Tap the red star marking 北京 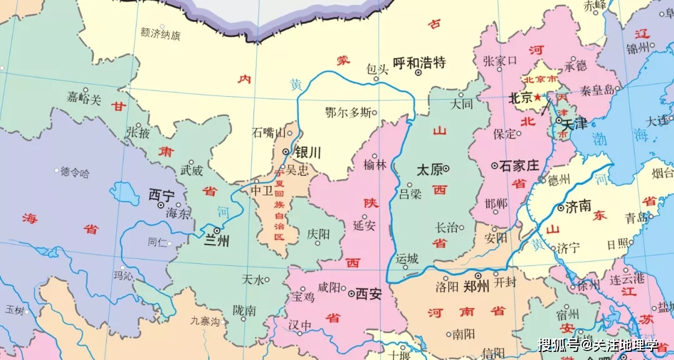(x=537, y=98)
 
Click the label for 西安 (x=368, y=294)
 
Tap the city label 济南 (x=578, y=207)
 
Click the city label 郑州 (x=477, y=286)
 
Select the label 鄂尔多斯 (x=347, y=113)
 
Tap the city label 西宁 (x=161, y=196)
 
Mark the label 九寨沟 (x=205, y=322)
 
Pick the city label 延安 (x=364, y=225)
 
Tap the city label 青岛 (x=637, y=218)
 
